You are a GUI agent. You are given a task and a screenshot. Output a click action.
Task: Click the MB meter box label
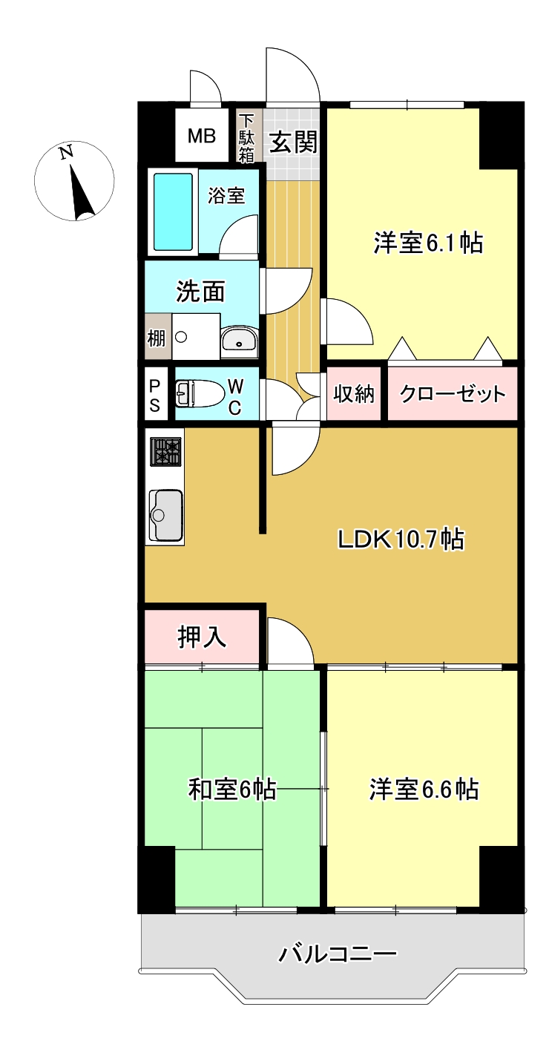click(201, 136)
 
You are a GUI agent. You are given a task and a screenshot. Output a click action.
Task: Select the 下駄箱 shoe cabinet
click(246, 137)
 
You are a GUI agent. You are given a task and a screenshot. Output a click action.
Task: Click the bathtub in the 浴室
click(173, 211)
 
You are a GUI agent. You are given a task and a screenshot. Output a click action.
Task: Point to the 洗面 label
click(200, 292)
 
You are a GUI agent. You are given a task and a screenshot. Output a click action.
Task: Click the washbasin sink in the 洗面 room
click(239, 341)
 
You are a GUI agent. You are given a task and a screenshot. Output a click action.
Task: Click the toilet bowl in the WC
click(199, 393)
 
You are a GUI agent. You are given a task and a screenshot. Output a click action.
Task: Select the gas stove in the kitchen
click(166, 451)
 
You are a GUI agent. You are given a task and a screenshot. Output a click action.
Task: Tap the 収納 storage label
click(354, 394)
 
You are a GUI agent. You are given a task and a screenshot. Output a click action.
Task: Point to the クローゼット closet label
click(453, 394)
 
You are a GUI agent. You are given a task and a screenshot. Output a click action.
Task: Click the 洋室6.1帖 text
click(428, 243)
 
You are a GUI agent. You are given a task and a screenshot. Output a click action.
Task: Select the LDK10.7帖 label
click(401, 539)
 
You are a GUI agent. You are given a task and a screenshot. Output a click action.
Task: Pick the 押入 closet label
click(202, 637)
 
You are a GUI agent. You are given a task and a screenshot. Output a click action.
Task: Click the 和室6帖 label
click(232, 790)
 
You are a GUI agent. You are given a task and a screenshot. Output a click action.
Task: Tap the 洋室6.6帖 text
click(424, 790)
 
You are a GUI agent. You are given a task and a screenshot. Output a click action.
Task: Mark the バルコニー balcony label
click(338, 954)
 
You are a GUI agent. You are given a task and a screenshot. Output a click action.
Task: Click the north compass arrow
click(80, 191)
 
